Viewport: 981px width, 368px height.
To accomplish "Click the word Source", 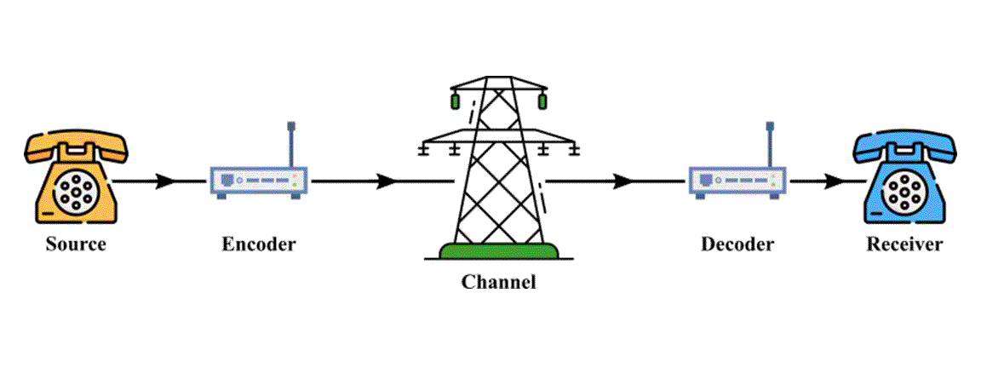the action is (x=76, y=243).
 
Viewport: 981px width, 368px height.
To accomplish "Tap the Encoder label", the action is (x=258, y=243).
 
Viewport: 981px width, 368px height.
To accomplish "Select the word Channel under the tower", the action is (x=499, y=282).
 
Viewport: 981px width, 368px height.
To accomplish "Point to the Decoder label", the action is (x=737, y=243).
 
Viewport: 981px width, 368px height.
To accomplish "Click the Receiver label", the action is (x=904, y=243).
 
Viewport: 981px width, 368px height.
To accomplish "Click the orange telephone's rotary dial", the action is (x=74, y=191).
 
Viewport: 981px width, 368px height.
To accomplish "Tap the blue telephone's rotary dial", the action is (x=905, y=191).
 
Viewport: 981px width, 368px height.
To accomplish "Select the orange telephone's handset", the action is (x=77, y=146).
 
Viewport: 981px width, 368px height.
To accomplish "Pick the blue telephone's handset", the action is (x=905, y=146).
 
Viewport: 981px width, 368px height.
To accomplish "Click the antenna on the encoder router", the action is (x=291, y=145).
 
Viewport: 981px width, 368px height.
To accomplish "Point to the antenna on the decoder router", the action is (x=770, y=145).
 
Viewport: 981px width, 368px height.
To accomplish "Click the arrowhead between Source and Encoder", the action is (x=167, y=181).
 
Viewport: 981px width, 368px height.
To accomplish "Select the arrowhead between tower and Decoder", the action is (x=623, y=181).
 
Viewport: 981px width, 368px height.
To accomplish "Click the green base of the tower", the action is (x=499, y=251).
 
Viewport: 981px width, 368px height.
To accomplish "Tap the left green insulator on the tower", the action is (x=456, y=101).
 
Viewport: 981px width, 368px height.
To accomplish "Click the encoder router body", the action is (x=258, y=181).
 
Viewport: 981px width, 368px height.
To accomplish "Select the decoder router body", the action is (x=737, y=181).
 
